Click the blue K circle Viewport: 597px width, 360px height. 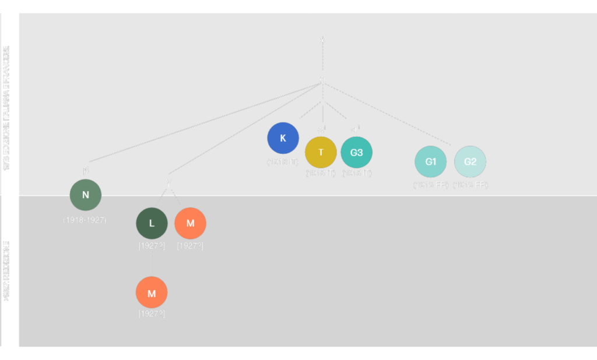point(283,138)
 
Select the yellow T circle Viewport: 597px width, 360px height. point(321,152)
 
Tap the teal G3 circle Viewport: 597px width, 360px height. point(356,152)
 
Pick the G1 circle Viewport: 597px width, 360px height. point(430,161)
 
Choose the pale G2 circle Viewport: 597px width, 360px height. point(470,161)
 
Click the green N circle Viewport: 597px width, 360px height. point(86,195)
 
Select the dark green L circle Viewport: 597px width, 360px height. point(152,223)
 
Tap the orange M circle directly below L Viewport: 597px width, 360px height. point(152,292)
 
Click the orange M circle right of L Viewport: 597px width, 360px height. point(190,223)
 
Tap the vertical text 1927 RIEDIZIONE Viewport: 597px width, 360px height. point(6,271)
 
